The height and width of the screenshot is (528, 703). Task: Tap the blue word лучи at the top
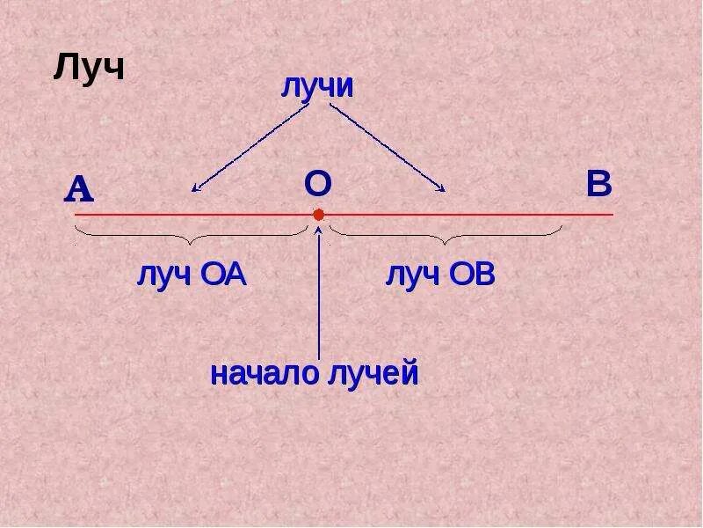click(317, 86)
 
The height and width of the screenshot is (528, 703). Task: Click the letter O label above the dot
click(317, 184)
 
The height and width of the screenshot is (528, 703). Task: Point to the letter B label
click(598, 185)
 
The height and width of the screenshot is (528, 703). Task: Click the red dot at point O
click(318, 215)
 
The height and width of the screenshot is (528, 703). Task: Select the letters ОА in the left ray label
click(223, 275)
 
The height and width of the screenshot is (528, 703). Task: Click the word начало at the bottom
click(265, 373)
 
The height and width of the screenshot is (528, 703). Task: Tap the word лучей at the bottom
click(373, 373)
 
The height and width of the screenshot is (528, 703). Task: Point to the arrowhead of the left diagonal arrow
click(195, 188)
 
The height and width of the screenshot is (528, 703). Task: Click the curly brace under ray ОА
click(192, 235)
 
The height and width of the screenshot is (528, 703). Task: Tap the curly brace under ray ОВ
click(446, 235)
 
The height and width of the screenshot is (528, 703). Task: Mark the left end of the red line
click(76, 215)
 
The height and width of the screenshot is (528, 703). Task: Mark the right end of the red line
click(612, 215)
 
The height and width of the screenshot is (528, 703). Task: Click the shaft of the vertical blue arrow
click(318, 299)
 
